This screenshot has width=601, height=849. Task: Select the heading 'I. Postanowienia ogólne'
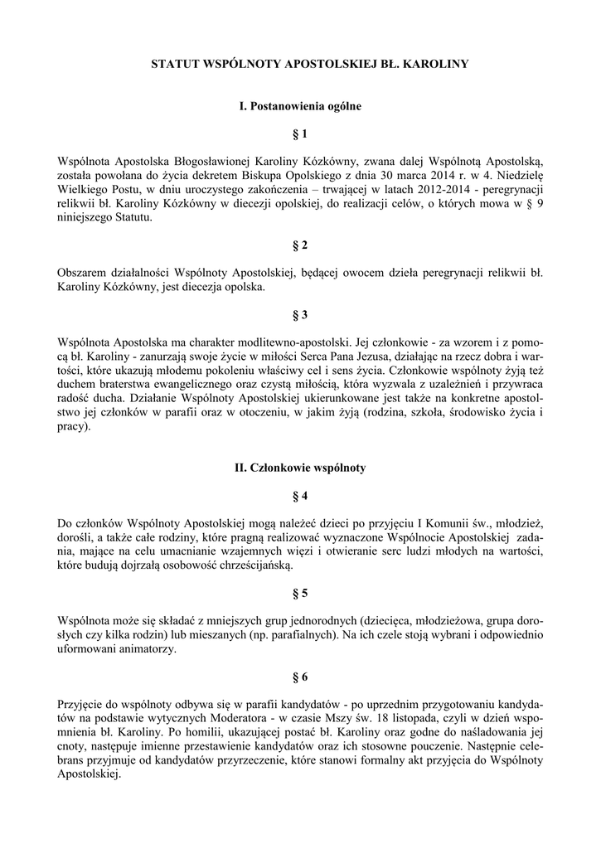click(300, 106)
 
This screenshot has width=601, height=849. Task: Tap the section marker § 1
click(300, 133)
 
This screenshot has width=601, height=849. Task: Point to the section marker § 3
click(300, 315)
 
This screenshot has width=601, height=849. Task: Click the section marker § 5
click(300, 593)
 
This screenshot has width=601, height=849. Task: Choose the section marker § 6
click(300, 677)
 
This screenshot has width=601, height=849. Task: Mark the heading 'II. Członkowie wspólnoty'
click(300, 468)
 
